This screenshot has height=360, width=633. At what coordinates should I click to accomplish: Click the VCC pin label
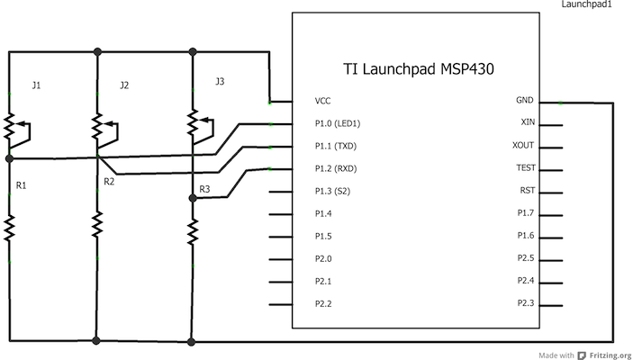pos(323,101)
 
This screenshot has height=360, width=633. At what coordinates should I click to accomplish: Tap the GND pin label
pos(525,101)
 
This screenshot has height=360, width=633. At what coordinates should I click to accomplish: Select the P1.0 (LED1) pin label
pos(340,123)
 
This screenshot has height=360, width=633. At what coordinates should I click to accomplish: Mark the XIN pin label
pos(529,121)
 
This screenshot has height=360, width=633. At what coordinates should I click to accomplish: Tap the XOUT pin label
pos(525,145)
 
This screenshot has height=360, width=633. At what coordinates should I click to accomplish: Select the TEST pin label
pos(526,167)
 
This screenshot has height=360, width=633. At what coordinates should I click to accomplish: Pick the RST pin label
pos(528,190)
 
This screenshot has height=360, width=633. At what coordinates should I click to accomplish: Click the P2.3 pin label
pos(526,302)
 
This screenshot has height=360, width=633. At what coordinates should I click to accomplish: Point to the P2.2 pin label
pos(323,303)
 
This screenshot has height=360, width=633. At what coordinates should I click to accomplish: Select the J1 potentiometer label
pos(36,86)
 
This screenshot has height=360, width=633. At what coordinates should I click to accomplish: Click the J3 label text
pos(220,82)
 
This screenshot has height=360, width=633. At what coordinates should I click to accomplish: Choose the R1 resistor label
pos(22,185)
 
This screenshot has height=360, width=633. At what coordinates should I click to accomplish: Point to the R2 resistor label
pos(109,182)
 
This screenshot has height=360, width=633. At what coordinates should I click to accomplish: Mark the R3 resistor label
pos(203,189)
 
